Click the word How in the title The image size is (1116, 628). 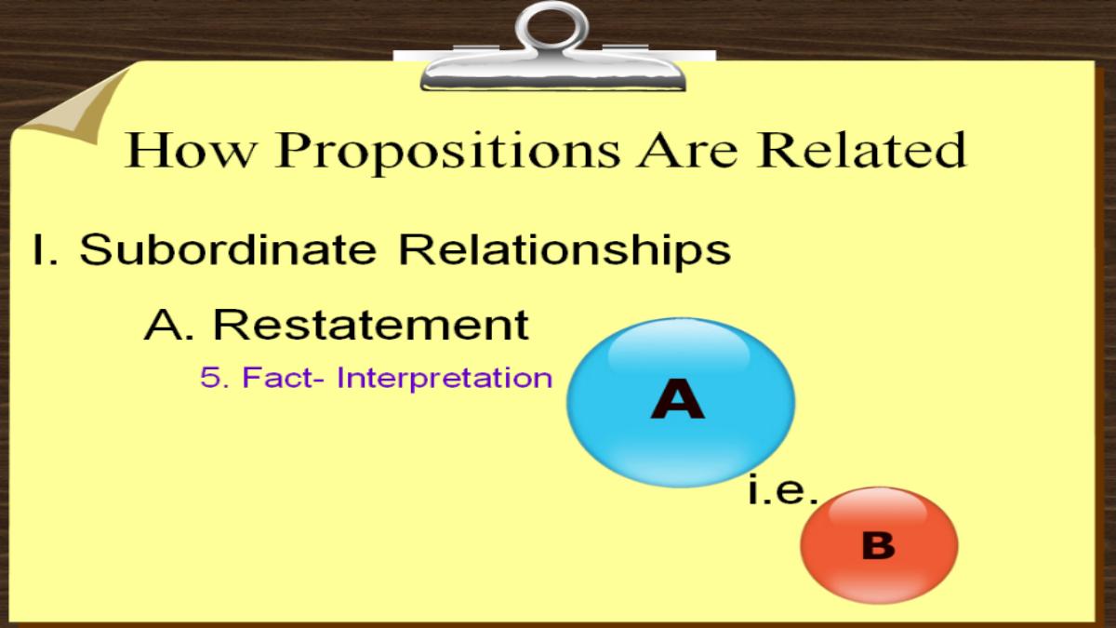click(191, 150)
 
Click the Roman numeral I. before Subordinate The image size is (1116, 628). click(46, 249)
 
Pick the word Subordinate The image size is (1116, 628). click(228, 248)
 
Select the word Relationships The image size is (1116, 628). click(565, 252)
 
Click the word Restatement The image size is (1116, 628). click(371, 325)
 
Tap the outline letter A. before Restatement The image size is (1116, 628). click(169, 325)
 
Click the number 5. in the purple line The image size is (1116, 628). click(215, 378)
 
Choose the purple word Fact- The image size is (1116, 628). click(283, 378)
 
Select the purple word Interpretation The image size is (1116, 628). click(445, 380)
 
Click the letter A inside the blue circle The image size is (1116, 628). click(678, 398)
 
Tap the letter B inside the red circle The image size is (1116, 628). click(878, 546)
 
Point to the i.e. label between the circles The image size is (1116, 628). click(784, 490)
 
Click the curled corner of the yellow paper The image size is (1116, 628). click(74, 107)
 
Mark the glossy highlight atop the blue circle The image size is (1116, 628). click(679, 349)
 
